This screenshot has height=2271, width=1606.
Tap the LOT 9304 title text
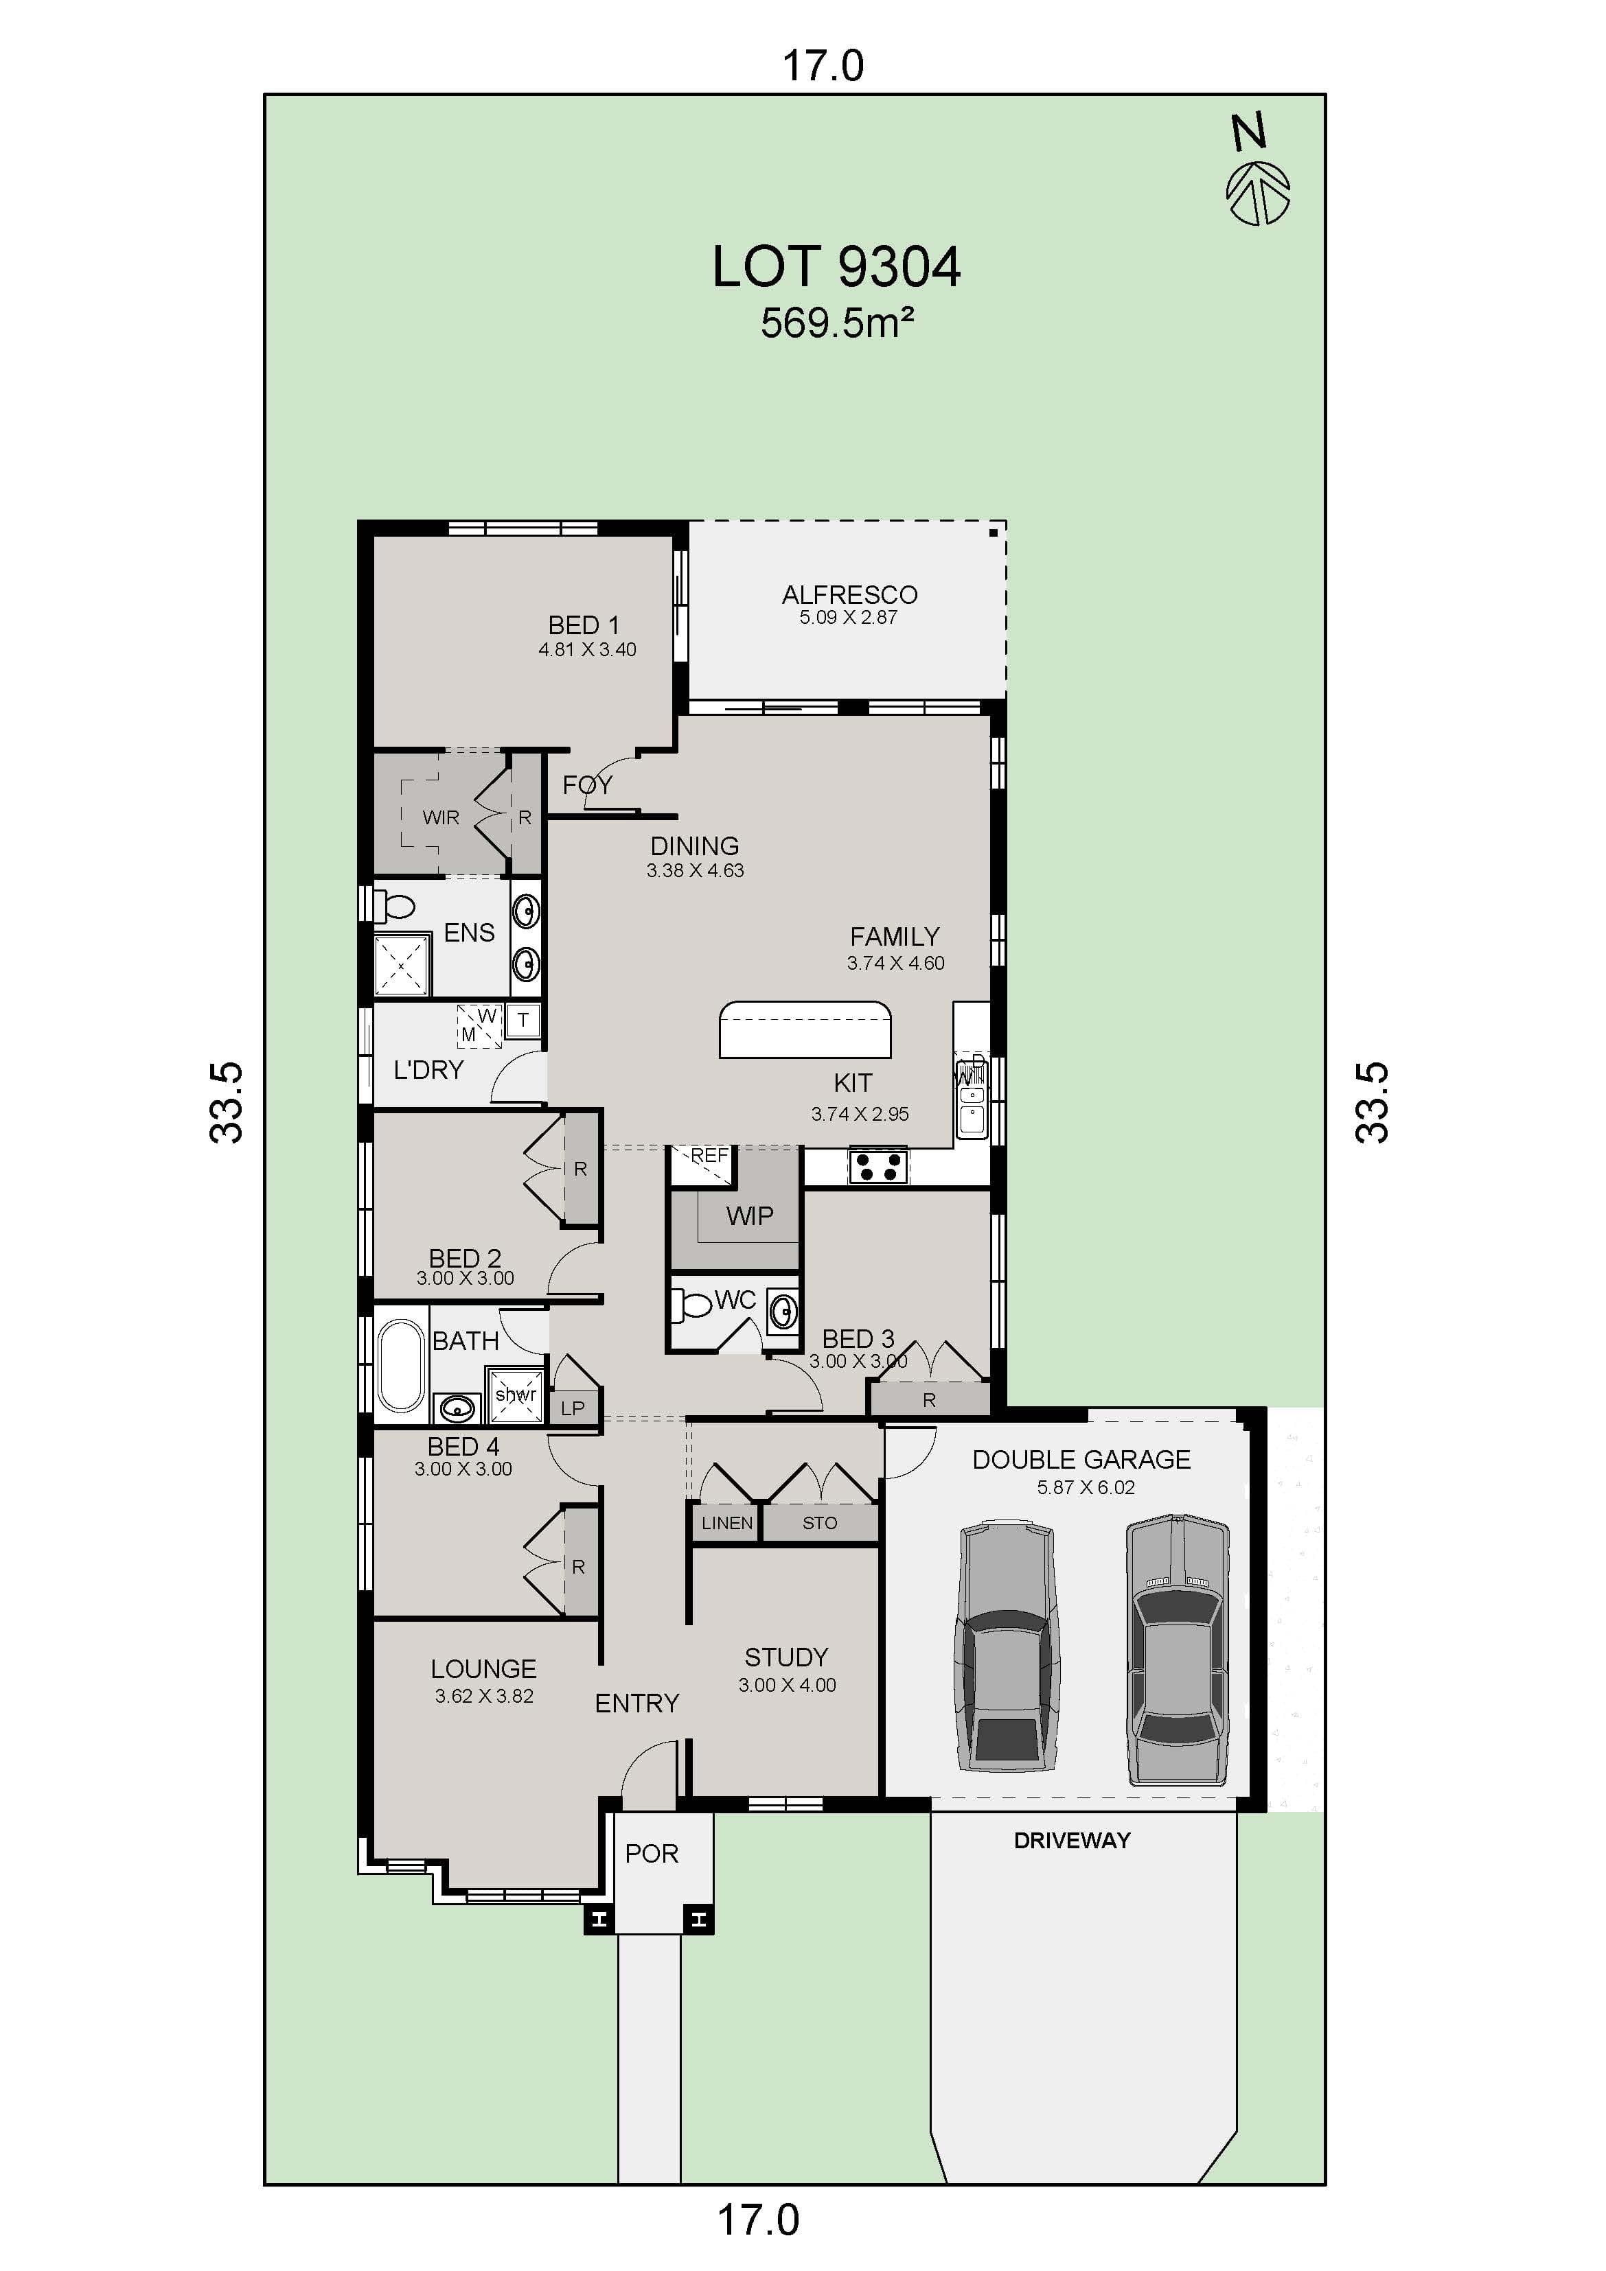[x=836, y=267]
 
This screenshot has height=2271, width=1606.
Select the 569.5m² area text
[x=836, y=323]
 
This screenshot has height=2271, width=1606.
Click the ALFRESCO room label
[x=849, y=594]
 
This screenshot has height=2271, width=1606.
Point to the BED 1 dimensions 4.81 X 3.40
[x=587, y=650]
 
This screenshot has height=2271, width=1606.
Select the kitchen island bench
[x=805, y=1029]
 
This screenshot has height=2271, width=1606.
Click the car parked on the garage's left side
[x=1005, y=1647]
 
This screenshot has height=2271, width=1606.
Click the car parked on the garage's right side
[x=1178, y=1647]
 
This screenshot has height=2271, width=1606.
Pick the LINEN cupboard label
[x=726, y=1523]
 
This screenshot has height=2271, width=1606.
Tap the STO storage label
[x=819, y=1523]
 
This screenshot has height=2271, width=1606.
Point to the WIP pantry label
[x=749, y=1215]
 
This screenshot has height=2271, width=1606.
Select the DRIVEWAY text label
[x=1072, y=1840]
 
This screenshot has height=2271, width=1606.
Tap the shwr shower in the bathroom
[x=516, y=1395]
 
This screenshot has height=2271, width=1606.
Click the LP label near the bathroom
[x=573, y=1408]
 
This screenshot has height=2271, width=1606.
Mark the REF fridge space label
[x=709, y=1155]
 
